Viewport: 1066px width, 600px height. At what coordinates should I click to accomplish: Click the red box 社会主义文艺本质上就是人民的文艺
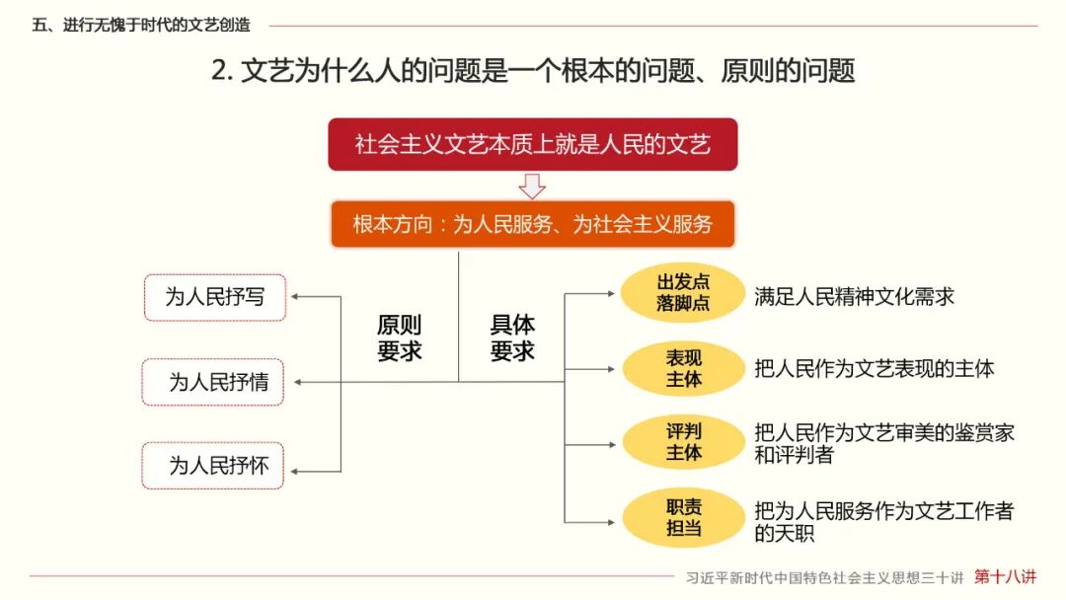click(x=532, y=145)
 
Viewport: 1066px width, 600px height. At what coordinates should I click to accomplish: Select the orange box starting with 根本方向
click(x=532, y=224)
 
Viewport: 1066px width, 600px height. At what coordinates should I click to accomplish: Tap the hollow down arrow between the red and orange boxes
click(x=532, y=186)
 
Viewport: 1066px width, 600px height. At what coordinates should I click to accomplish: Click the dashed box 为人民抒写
click(x=214, y=297)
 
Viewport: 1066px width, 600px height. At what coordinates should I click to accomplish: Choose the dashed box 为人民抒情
click(x=213, y=382)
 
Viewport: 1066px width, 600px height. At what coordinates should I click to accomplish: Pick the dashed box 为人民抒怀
click(x=213, y=465)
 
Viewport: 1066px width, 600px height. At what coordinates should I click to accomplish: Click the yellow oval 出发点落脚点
click(x=683, y=292)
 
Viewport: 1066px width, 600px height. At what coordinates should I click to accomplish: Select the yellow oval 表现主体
click(x=683, y=369)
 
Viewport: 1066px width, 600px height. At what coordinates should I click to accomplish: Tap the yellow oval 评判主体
click(x=683, y=441)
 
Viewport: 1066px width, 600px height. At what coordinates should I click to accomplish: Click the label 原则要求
click(x=399, y=337)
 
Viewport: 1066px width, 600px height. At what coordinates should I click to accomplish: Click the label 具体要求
click(x=512, y=337)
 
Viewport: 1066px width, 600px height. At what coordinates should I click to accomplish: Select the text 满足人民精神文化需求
click(x=854, y=296)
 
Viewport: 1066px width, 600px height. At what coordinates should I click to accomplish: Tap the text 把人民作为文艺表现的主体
click(x=874, y=369)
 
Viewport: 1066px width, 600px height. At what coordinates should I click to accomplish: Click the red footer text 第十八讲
click(x=1006, y=576)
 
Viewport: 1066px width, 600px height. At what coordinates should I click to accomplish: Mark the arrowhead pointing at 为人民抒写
click(x=297, y=297)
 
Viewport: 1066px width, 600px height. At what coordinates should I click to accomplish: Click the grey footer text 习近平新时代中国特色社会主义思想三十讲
click(x=825, y=578)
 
